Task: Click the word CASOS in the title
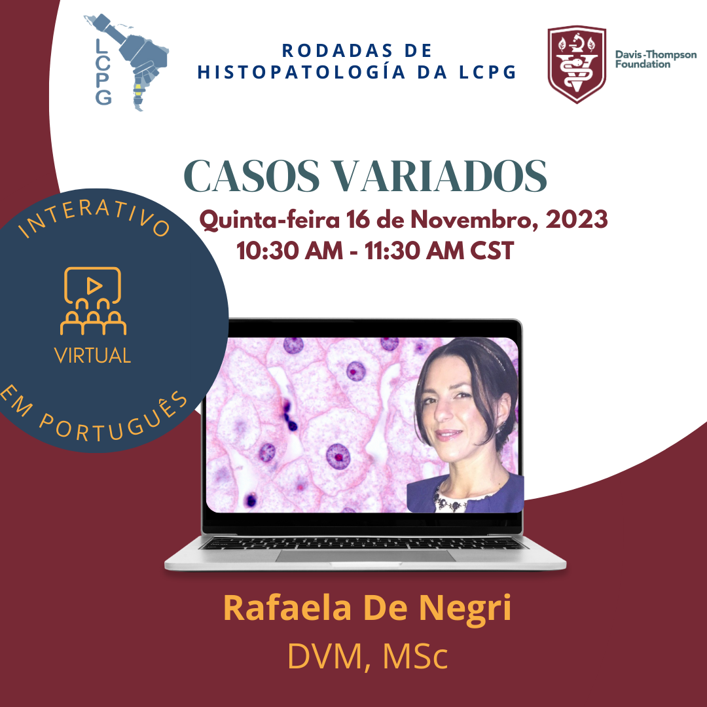point(251,176)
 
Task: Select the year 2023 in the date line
point(576,219)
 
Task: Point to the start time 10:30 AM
point(289,251)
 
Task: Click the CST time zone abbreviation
point(492,251)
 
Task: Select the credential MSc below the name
point(415,656)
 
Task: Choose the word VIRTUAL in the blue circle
point(92,355)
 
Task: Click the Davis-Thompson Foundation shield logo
point(577,64)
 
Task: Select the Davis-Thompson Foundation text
point(655,60)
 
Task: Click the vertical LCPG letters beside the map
point(103,72)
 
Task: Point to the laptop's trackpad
point(365,556)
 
